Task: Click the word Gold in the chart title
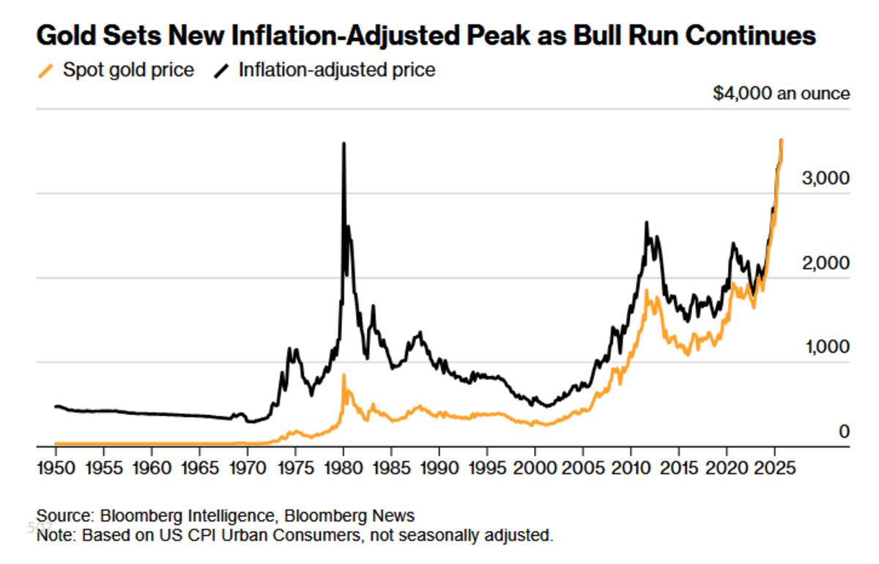click(67, 35)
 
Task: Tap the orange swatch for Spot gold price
click(45, 71)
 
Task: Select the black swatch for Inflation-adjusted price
click(221, 71)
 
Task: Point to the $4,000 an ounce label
click(782, 94)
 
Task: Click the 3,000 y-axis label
click(826, 178)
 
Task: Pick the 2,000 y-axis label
click(826, 263)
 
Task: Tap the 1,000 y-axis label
click(827, 347)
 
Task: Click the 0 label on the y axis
click(844, 431)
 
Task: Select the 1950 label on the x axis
click(56, 468)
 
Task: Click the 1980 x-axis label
click(344, 468)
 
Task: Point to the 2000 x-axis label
click(535, 468)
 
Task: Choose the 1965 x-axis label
click(200, 468)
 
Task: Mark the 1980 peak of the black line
click(344, 144)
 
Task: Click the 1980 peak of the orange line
click(344, 375)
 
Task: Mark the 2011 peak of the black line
click(646, 223)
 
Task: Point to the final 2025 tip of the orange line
click(782, 140)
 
